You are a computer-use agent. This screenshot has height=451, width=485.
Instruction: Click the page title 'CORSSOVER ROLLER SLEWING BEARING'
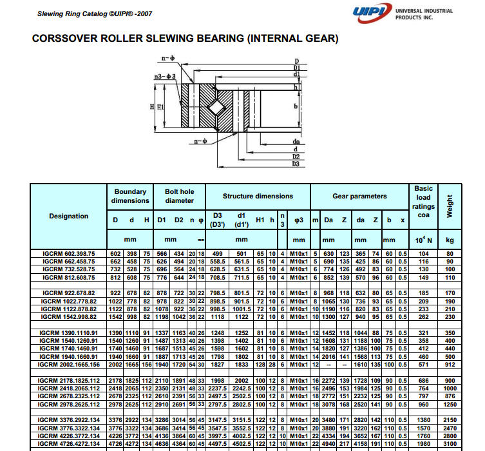[x=185, y=39]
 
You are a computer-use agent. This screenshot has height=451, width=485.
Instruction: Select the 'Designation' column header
[x=68, y=216]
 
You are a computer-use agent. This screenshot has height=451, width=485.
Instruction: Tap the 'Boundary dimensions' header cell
[x=130, y=196]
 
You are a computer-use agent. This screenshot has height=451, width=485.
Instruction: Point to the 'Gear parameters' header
[x=359, y=196]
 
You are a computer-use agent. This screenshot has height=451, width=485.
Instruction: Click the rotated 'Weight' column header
[x=450, y=205]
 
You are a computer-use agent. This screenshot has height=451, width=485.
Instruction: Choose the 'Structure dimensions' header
[x=258, y=196]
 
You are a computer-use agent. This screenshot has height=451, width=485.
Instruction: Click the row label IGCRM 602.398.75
[x=68, y=254]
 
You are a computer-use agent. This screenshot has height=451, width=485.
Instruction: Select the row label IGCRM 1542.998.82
[x=68, y=316]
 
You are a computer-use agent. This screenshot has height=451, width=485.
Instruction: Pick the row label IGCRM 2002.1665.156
[x=68, y=364]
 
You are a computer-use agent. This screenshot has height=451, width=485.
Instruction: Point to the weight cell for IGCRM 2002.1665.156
[x=450, y=364]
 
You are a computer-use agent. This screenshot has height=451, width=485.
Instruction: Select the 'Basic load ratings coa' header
[x=423, y=202]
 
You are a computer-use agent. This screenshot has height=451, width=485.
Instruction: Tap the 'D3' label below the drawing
[x=296, y=162]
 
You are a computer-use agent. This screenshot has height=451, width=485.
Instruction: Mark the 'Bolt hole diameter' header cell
[x=179, y=196]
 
